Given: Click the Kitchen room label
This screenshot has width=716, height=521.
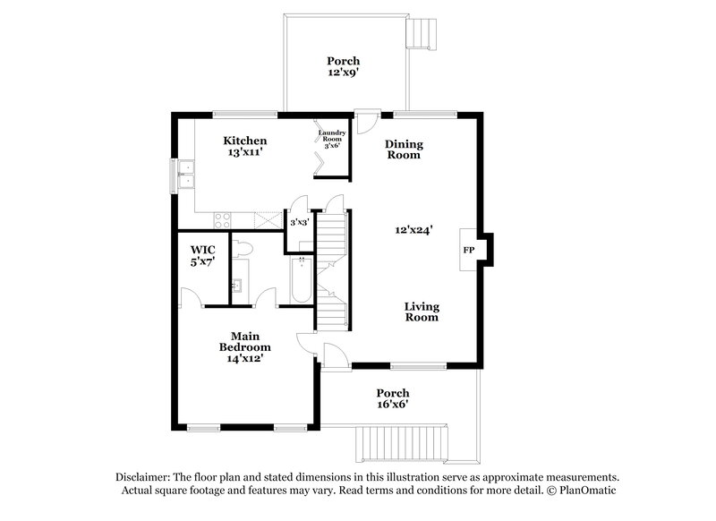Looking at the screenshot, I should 245,141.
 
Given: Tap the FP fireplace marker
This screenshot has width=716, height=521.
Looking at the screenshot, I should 468,250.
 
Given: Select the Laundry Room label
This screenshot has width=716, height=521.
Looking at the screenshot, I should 332,138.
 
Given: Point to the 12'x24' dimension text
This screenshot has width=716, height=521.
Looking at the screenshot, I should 414,229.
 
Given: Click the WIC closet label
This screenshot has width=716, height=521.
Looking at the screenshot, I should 203,250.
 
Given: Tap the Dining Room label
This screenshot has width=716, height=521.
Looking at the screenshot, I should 404,149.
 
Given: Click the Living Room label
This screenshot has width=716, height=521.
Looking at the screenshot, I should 422,312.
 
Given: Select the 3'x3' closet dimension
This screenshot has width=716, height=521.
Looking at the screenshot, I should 299,222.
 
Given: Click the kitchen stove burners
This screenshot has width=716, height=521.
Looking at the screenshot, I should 222,218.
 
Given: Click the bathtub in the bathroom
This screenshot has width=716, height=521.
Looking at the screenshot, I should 301,279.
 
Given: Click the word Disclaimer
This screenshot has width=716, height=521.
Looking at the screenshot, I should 146,476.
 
